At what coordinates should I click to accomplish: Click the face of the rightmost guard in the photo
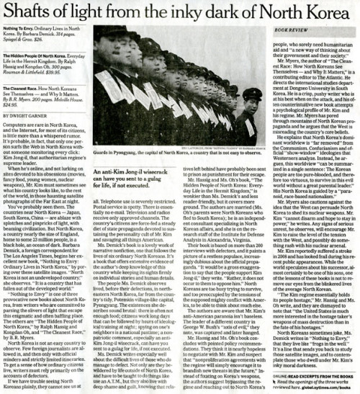pos(251,101)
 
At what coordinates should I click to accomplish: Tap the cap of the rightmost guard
pos(251,91)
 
